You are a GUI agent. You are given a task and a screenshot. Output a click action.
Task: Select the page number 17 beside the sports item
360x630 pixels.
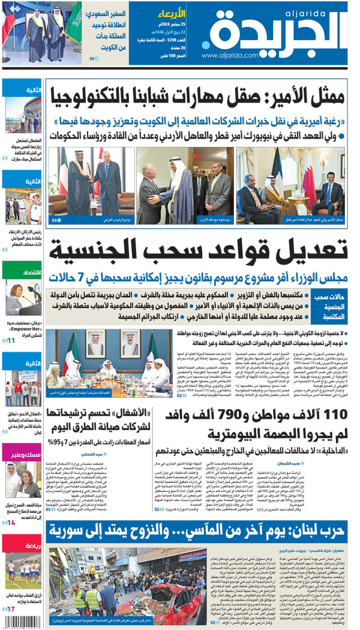click(10, 610)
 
